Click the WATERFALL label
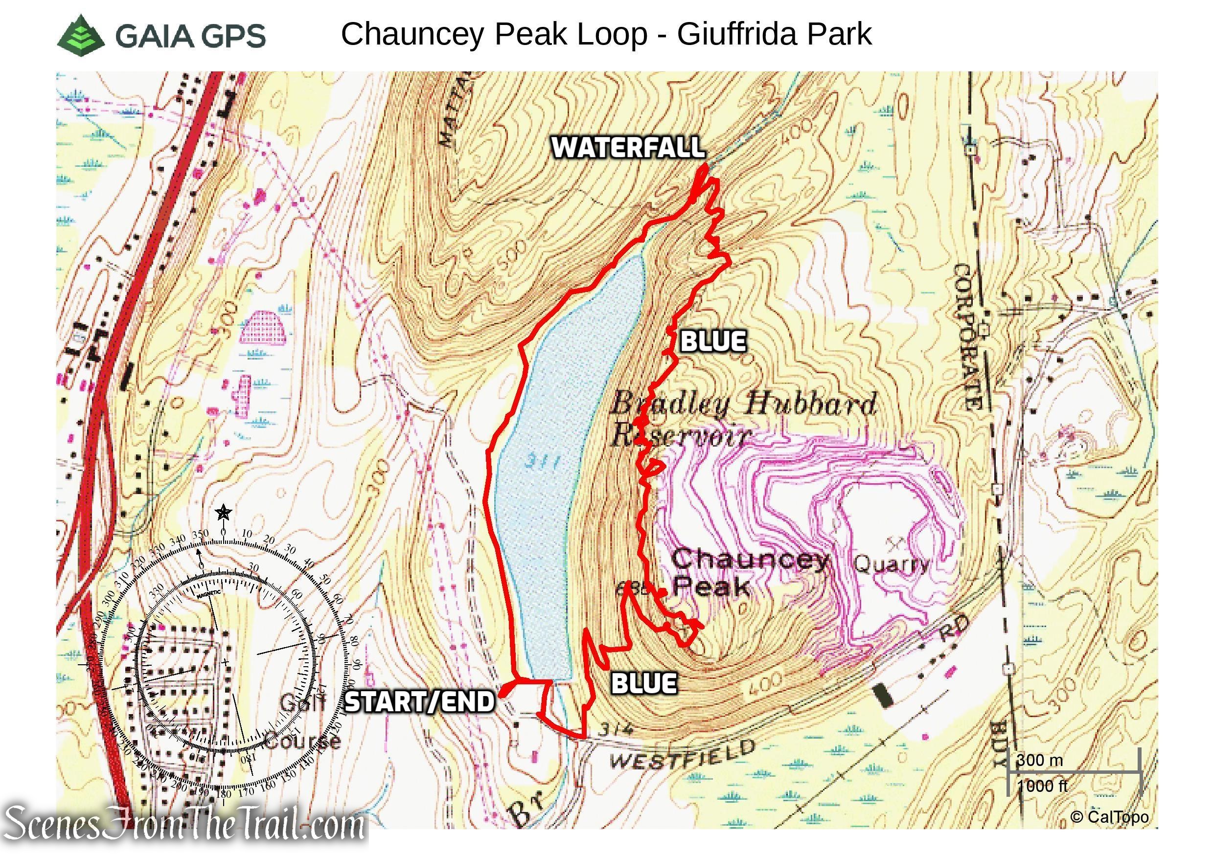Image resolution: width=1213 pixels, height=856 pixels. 628,147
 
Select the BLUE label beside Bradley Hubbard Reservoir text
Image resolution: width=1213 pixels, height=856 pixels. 713,341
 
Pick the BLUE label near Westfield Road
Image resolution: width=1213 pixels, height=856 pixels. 643,683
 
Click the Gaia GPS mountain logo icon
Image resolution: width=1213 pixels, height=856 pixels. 81,35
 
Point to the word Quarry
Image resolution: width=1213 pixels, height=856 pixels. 891,564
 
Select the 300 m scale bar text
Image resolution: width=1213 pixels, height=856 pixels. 1039,761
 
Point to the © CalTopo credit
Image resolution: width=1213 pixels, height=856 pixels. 1109,817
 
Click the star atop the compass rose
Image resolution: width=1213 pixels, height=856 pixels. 224,512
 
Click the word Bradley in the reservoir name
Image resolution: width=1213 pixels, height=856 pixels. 669,405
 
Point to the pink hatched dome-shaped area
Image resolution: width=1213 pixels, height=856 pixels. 263,328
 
